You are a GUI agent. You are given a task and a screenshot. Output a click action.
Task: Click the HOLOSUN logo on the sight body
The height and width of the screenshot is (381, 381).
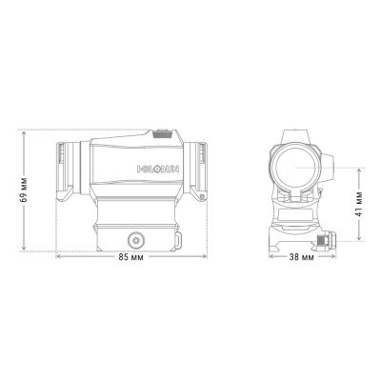[152, 170]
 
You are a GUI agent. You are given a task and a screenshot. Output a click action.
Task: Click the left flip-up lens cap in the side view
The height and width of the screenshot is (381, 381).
[65, 169]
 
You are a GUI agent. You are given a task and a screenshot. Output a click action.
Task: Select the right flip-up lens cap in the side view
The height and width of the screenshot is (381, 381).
[202, 169]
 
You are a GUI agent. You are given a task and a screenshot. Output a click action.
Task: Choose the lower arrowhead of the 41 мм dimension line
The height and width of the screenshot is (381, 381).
[358, 244]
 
